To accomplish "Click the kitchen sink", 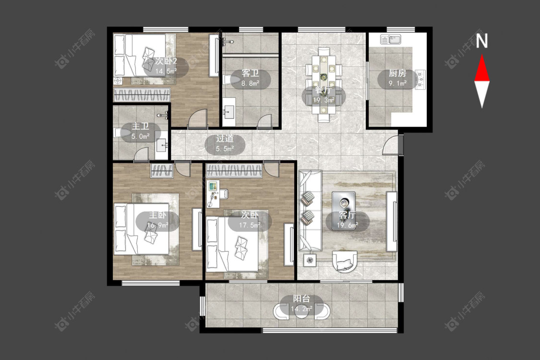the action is pyautogui.click(x=391, y=39).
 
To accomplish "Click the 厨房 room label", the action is pyautogui.click(x=397, y=73).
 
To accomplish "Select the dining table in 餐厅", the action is pyautogui.click(x=324, y=85).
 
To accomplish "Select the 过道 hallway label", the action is pyautogui.click(x=225, y=139).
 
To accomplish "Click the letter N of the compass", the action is pyautogui.click(x=482, y=41).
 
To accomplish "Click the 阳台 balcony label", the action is pyautogui.click(x=301, y=299).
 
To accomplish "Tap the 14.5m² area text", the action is pyautogui.click(x=166, y=72).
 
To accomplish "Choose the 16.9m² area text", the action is pyautogui.click(x=158, y=225).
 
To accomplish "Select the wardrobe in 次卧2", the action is pyautogui.click(x=142, y=95).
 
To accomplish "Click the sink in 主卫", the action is pyautogui.click(x=161, y=146).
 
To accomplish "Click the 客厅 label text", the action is pyautogui.click(x=347, y=216).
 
